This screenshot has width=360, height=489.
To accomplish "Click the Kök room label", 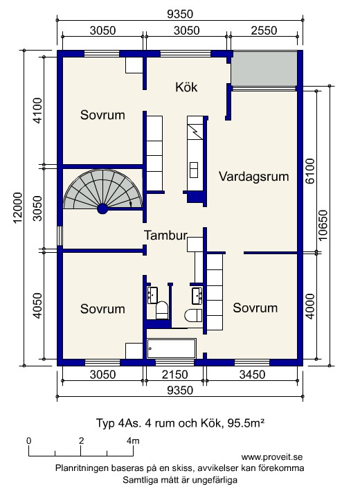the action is click(186, 87).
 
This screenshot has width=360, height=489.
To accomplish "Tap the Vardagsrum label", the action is click(253, 177).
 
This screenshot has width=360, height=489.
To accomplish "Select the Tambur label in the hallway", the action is click(165, 235).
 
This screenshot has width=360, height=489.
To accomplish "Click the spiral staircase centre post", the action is click(102, 208).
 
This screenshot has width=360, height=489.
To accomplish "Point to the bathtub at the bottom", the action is click(172, 348).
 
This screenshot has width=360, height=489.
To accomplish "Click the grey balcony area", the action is click(264, 69).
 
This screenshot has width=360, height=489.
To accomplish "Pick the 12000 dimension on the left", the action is click(18, 208).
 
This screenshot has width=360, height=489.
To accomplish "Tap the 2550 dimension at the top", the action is click(264, 30).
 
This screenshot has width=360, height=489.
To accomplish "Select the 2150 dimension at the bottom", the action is click(174, 375).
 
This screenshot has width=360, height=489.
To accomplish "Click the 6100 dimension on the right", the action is click(310, 170).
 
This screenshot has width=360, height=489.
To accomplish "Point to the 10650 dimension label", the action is click(323, 225).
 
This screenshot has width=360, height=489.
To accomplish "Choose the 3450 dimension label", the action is click(252, 375).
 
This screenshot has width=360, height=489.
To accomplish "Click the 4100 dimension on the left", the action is click(37, 110).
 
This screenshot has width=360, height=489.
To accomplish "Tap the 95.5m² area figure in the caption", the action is click(246, 423).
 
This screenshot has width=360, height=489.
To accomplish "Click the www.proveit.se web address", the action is click(272, 457).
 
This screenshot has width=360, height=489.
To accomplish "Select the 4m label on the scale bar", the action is click(133, 441).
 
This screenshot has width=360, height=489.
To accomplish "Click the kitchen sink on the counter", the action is click(194, 170).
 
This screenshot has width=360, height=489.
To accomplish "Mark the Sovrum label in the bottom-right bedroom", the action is click(255, 308).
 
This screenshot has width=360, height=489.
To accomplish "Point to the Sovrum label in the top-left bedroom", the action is click(102, 115).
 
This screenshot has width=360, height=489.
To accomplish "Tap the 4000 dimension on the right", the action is click(310, 306).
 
